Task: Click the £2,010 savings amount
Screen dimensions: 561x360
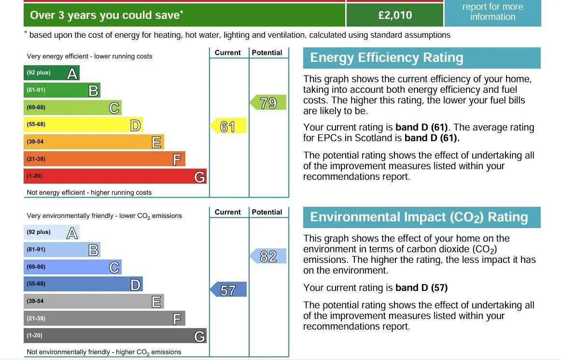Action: click(395, 15)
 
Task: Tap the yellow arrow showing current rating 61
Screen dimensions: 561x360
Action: click(228, 126)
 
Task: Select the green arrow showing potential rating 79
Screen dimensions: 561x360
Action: click(268, 102)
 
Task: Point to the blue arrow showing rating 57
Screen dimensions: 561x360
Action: click(228, 289)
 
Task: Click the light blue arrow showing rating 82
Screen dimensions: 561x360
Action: click(268, 256)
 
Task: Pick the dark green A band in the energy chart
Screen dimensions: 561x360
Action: click(52, 72)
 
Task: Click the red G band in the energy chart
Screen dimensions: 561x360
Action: click(115, 176)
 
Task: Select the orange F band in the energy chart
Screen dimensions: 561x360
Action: click(104, 159)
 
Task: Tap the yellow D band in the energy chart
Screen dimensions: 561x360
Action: click(84, 125)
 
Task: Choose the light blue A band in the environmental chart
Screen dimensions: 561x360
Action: click(52, 232)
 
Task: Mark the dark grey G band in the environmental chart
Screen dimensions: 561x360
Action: click(115, 336)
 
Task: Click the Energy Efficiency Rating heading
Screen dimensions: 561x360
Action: click(386, 58)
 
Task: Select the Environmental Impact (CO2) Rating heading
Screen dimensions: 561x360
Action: click(419, 217)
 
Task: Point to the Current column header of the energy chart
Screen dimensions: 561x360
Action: click(227, 53)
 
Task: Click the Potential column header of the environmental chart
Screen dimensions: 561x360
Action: click(267, 212)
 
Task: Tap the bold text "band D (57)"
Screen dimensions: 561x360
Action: click(421, 288)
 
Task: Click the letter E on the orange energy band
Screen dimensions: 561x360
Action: click(156, 142)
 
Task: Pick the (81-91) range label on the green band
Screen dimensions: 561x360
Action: click(36, 90)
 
